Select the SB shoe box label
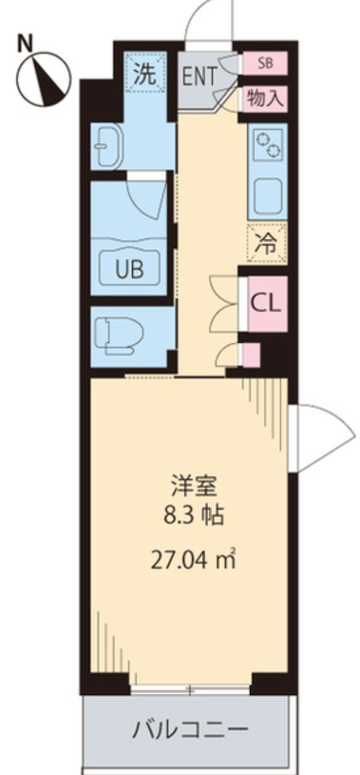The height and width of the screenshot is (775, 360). point(265,63)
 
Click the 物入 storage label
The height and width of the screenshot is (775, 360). point(265,99)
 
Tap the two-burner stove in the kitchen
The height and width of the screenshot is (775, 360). point(268,144)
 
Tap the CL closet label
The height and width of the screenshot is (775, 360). point(266,303)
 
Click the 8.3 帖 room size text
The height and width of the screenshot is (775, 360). point(195,516)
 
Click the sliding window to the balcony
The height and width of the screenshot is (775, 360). point(190,689)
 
